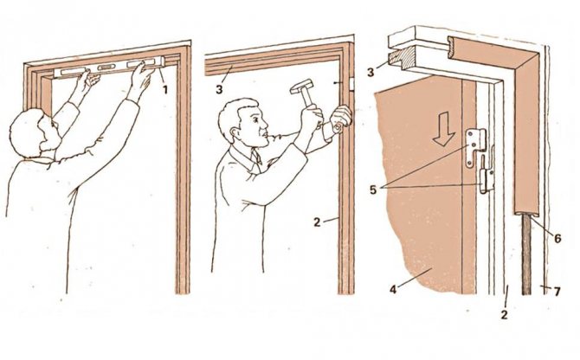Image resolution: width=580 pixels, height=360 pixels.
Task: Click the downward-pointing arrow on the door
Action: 443,129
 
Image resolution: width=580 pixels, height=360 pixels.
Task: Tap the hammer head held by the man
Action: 301,86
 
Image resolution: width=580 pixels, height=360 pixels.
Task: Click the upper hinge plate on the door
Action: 476,146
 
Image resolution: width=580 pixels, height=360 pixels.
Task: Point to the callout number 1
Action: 165,89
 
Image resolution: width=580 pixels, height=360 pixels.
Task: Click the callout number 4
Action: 393,289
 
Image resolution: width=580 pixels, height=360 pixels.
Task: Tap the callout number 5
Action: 373,190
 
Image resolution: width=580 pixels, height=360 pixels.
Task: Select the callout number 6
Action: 557,238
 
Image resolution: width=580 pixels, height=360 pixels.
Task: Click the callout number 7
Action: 557,292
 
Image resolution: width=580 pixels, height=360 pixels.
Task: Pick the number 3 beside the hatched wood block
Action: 371,72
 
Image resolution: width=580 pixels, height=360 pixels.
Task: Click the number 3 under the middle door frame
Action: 221,90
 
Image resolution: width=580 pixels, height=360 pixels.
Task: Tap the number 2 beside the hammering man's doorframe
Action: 317,222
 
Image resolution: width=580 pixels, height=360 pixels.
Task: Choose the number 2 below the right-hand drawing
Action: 504,315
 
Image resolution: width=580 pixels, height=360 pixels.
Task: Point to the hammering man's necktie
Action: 257,157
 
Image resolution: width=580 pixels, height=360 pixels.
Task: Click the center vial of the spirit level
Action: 106,67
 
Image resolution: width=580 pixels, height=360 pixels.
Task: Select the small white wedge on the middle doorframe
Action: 351,84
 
